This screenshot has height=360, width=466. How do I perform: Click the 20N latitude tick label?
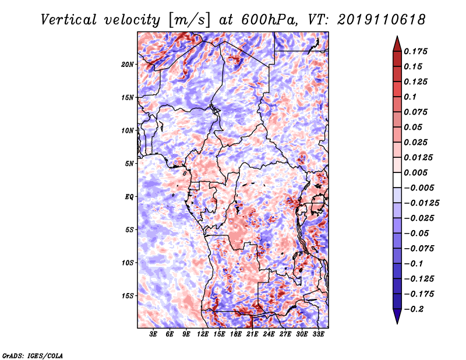128,64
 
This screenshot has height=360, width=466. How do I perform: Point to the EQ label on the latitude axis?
129,197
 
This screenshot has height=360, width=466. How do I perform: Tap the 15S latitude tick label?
128,296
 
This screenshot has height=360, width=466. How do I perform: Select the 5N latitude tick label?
129,164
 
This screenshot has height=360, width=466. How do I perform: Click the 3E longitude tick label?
153,334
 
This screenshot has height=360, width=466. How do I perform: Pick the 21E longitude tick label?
252,334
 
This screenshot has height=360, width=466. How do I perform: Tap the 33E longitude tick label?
318,334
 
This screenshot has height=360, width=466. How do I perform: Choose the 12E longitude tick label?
203,334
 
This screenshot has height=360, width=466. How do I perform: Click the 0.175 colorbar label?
415,51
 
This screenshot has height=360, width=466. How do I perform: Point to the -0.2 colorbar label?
414,309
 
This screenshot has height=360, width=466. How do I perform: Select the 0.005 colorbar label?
415,172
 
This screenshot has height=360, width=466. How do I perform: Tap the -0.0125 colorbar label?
421,203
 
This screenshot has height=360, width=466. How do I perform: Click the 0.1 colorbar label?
410,97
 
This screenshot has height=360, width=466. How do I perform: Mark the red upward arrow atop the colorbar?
397,44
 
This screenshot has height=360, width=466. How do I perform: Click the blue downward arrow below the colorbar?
397,316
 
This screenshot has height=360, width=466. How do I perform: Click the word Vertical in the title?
69,20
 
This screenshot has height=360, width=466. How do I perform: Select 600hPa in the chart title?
269,20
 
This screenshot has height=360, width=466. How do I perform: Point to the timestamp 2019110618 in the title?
382,20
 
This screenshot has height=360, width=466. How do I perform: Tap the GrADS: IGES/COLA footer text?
33,355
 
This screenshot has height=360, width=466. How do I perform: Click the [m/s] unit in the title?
189,20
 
